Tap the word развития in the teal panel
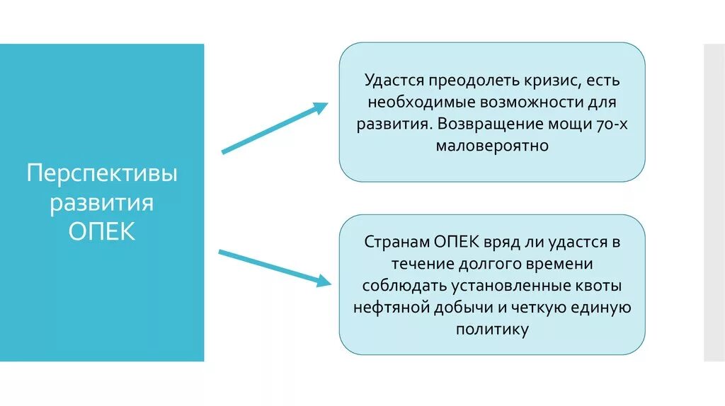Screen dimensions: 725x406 click(x=102, y=203)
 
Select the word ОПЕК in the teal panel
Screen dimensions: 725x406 click(x=102, y=232)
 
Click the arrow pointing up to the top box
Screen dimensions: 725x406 click(x=275, y=128)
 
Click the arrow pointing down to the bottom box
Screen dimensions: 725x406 click(x=275, y=267)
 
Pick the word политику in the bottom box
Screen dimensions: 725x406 click(x=492, y=330)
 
